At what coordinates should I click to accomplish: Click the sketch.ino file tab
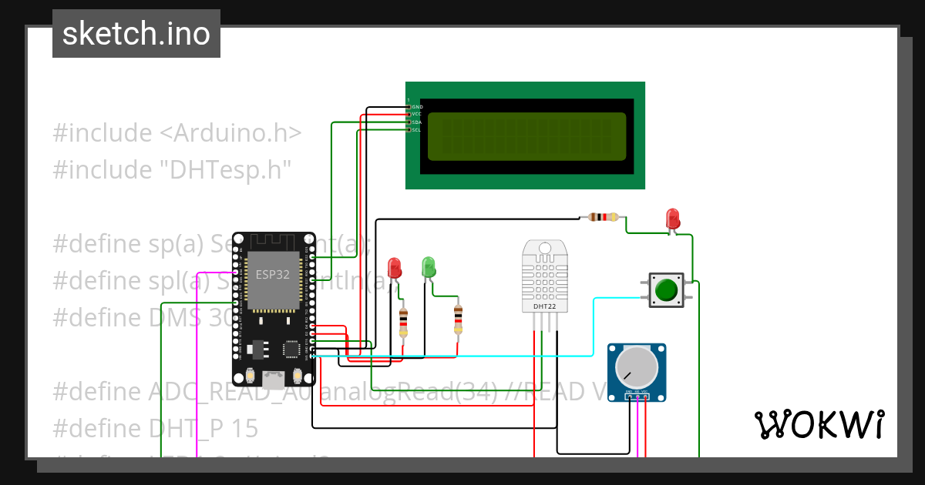click(136, 34)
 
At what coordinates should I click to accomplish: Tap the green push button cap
click(666, 290)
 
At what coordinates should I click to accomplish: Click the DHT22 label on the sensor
click(544, 306)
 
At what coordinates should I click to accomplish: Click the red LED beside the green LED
click(395, 268)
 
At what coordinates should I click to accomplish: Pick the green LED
click(429, 267)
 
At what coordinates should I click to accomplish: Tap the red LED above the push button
click(672, 218)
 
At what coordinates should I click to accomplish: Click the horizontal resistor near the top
click(605, 217)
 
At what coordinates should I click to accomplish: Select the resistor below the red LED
click(403, 322)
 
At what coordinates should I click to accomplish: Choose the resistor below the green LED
click(459, 319)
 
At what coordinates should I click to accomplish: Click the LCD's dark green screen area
click(526, 136)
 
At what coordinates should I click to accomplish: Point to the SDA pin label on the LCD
click(416, 122)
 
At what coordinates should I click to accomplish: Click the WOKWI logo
click(819, 424)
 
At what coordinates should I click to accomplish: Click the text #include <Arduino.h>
click(177, 132)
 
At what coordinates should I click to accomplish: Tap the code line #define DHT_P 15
click(155, 427)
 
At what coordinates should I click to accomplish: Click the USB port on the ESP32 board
click(273, 379)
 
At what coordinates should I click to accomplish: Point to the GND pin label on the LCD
click(417, 107)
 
